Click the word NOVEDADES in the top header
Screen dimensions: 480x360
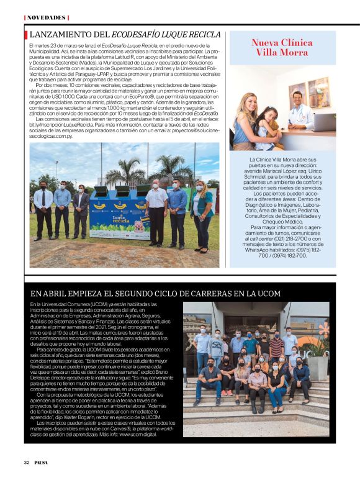coord(46,17)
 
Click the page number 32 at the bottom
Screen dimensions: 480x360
coord(27,462)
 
